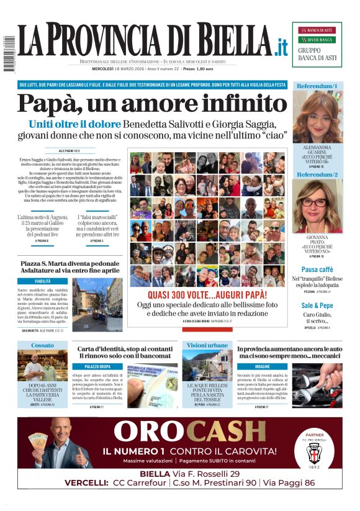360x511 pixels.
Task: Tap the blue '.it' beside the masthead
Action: [x=282, y=47]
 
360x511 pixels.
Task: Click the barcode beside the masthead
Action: [x=9, y=55]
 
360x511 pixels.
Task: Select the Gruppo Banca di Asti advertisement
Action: [x=317, y=44]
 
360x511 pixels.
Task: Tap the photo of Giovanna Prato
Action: [x=317, y=206]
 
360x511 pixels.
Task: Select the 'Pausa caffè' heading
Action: [x=317, y=269]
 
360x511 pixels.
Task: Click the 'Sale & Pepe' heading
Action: [x=317, y=305]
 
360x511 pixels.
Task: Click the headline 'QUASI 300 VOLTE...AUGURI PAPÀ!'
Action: [x=207, y=296]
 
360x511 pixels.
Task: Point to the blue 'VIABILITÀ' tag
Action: [x=43, y=281]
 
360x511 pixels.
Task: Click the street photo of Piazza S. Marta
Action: [x=97, y=304]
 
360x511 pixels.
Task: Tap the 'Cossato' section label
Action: [x=43, y=345]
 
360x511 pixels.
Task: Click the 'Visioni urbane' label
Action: [x=207, y=345]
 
